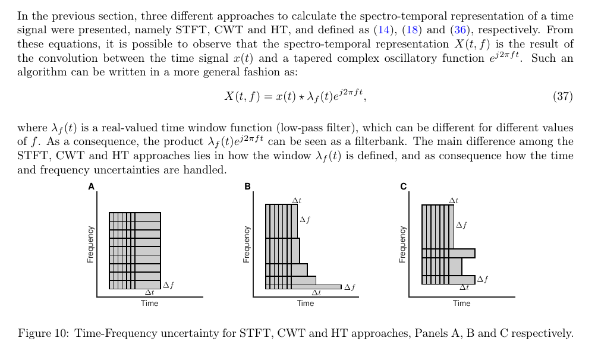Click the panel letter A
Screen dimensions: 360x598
pyautogui.click(x=92, y=187)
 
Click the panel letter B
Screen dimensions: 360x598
pyautogui.click(x=248, y=187)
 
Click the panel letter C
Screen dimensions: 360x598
pyautogui.click(x=404, y=187)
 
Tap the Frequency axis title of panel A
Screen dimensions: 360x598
pyautogui.click(x=91, y=244)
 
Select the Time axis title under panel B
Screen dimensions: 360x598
pyautogui.click(x=306, y=304)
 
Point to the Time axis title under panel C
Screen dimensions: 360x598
pyautogui.click(x=461, y=304)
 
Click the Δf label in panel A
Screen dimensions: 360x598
pyautogui.click(x=168, y=285)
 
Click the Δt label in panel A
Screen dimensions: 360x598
pyautogui.click(x=149, y=292)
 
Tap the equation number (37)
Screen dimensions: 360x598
pyautogui.click(x=562, y=96)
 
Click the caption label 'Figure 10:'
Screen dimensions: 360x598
pyautogui.click(x=43, y=333)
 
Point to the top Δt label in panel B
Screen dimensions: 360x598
pyautogui.click(x=297, y=201)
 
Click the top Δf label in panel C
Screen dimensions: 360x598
pyautogui.click(x=461, y=225)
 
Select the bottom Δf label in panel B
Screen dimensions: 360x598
pyautogui.click(x=350, y=288)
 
